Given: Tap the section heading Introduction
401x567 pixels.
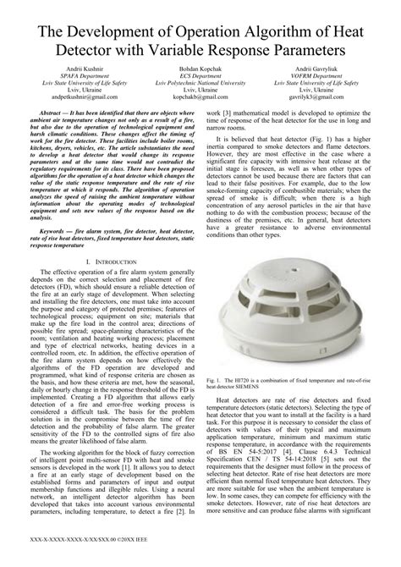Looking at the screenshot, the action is click(x=110, y=262).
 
